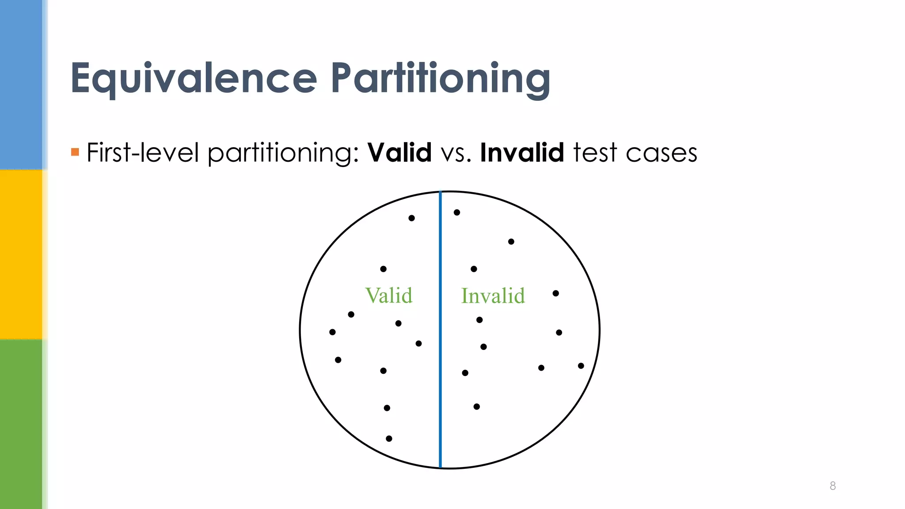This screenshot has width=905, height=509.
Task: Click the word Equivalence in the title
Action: click(194, 79)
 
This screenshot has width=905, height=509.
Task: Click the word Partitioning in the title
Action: click(441, 79)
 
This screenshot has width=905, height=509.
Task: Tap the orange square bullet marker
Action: click(75, 152)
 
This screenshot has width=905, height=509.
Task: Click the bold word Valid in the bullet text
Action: click(399, 153)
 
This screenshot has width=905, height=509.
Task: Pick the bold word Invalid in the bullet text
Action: click(522, 153)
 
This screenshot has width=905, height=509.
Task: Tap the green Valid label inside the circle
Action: click(389, 296)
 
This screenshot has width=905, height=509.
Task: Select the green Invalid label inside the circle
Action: click(493, 296)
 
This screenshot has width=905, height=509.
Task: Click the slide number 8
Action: click(833, 486)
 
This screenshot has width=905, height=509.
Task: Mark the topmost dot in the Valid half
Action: click(411, 218)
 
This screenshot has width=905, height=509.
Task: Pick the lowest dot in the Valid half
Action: click(389, 438)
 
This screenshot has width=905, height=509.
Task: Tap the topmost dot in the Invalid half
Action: click(457, 213)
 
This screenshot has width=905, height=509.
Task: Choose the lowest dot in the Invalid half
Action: click(476, 406)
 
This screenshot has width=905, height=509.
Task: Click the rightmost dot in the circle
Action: click(581, 366)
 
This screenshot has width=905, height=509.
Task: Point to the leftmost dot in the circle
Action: click(332, 332)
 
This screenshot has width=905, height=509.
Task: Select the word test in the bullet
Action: click(595, 153)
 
